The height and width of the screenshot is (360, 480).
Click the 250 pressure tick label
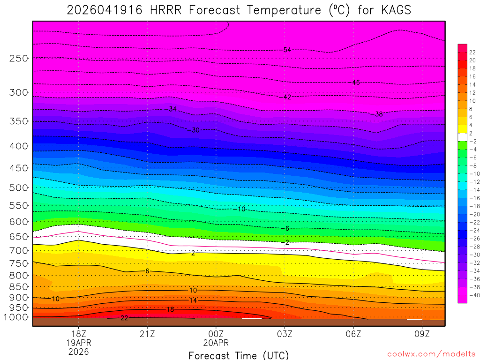(x=19, y=59)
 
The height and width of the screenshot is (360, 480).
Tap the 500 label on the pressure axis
(x=19, y=187)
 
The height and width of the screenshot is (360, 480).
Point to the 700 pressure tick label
(x=19, y=251)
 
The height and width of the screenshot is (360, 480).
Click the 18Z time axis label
(x=78, y=335)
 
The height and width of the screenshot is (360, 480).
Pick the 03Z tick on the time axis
(x=285, y=335)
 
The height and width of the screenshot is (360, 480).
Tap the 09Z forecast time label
(x=422, y=335)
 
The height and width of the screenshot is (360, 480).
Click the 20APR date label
(x=216, y=343)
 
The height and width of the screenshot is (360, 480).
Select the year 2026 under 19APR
(x=78, y=352)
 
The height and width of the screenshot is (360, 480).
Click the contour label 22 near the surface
(x=124, y=318)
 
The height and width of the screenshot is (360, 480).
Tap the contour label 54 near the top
(x=287, y=50)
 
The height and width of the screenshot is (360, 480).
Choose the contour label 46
(x=356, y=82)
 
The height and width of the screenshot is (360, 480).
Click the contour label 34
(x=172, y=109)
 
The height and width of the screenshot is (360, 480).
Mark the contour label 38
(x=379, y=114)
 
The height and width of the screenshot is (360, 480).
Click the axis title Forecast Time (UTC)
(x=239, y=355)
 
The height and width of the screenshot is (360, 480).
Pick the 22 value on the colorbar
(x=472, y=52)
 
